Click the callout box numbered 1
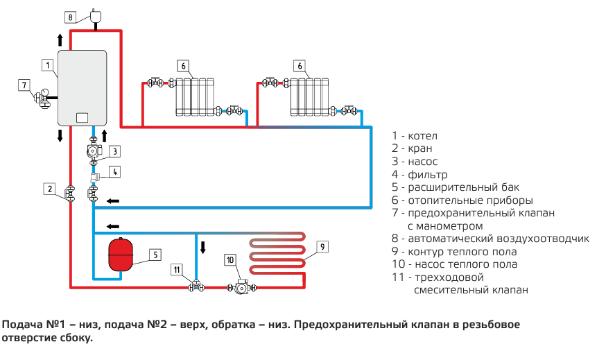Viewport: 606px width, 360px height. pyautogui.click(x=47, y=66)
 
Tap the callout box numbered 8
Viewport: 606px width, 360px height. pyautogui.click(x=70, y=16)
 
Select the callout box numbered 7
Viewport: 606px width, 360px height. pyautogui.click(x=24, y=85)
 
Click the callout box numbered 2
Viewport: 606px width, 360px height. pyautogui.click(x=49, y=188)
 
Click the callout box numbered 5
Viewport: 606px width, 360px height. pyautogui.click(x=156, y=255)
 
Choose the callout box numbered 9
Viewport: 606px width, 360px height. pyautogui.click(x=322, y=246)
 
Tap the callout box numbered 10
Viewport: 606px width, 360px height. pyautogui.click(x=230, y=259)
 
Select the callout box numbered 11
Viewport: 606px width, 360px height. pyautogui.click(x=178, y=269)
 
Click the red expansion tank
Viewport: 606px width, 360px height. pyautogui.click(x=121, y=255)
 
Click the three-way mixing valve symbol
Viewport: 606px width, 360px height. pyautogui.click(x=196, y=285)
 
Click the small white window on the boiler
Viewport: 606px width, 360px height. pyautogui.click(x=82, y=117)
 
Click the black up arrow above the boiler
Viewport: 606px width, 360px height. pyautogui.click(x=60, y=38)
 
